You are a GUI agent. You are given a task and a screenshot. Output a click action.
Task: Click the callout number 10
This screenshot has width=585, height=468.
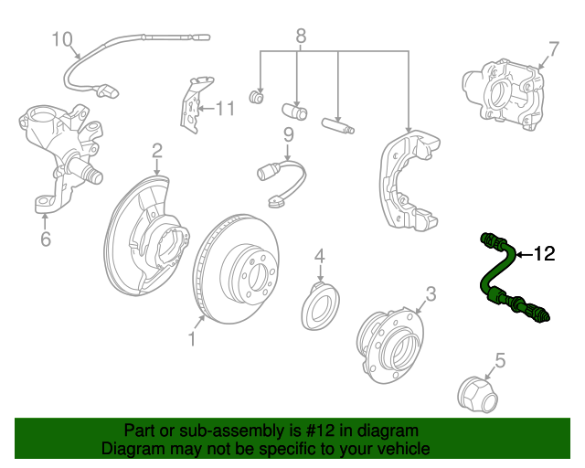(62, 39)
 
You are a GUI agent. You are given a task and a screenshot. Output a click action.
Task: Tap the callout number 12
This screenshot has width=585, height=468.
(545, 254)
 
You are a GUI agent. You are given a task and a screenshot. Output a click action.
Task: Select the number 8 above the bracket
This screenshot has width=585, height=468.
(301, 37)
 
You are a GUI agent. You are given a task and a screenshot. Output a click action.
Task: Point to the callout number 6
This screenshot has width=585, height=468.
(46, 239)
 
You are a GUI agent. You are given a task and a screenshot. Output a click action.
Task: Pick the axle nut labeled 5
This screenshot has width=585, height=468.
(477, 395)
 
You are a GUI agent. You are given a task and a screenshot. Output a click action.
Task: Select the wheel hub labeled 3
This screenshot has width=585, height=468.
(390, 346)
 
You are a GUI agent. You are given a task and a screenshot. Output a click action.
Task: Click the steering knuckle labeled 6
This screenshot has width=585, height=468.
(61, 156)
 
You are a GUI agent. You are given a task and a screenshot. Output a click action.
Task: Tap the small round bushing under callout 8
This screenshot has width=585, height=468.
(256, 97)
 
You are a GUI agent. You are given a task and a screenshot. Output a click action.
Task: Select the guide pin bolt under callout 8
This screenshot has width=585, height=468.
(337, 125)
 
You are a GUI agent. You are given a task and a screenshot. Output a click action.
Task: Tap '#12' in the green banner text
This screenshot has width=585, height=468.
(320, 431)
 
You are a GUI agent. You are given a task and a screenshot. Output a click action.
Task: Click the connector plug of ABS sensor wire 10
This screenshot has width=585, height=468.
(108, 91)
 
